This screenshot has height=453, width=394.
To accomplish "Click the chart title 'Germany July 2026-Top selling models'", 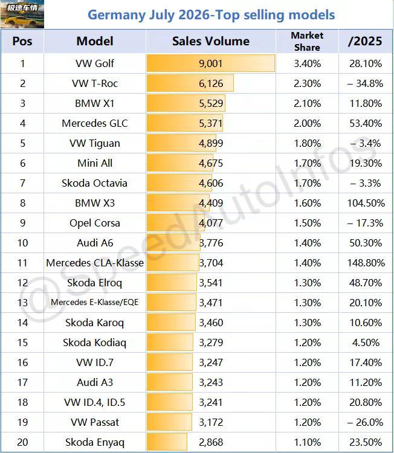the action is [x=211, y=15].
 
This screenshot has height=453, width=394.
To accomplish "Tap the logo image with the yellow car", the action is [x=22, y=14].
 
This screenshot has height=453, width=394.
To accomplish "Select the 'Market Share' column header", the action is [x=307, y=41].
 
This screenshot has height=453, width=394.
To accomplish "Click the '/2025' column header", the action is [x=365, y=41].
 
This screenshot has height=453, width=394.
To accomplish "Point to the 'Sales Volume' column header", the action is [x=211, y=41].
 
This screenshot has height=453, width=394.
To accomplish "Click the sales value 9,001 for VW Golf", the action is [x=211, y=63].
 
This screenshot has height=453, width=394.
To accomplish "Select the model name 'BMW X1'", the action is [x=95, y=103].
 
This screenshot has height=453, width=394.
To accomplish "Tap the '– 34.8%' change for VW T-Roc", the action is [x=366, y=83].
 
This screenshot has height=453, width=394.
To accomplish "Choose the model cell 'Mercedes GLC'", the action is [x=95, y=123].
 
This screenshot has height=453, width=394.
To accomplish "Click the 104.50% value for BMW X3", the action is [x=366, y=203].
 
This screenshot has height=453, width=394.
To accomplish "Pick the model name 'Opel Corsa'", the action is [x=95, y=223].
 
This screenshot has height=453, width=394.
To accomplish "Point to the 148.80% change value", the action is [x=366, y=263].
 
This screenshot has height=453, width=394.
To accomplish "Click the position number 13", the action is [x=22, y=303].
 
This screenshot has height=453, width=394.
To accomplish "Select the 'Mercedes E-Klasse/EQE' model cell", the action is [x=95, y=303].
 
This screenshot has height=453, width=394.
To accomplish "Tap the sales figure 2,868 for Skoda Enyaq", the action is [x=211, y=442].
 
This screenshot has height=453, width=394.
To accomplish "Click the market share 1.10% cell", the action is [x=307, y=442].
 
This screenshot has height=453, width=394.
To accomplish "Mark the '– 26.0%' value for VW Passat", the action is [x=366, y=422].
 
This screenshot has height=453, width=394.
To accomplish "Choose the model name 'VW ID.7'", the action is [x=95, y=362].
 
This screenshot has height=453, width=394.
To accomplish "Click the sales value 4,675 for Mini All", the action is [x=211, y=163].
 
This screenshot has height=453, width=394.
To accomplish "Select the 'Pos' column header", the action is [x=22, y=41].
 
